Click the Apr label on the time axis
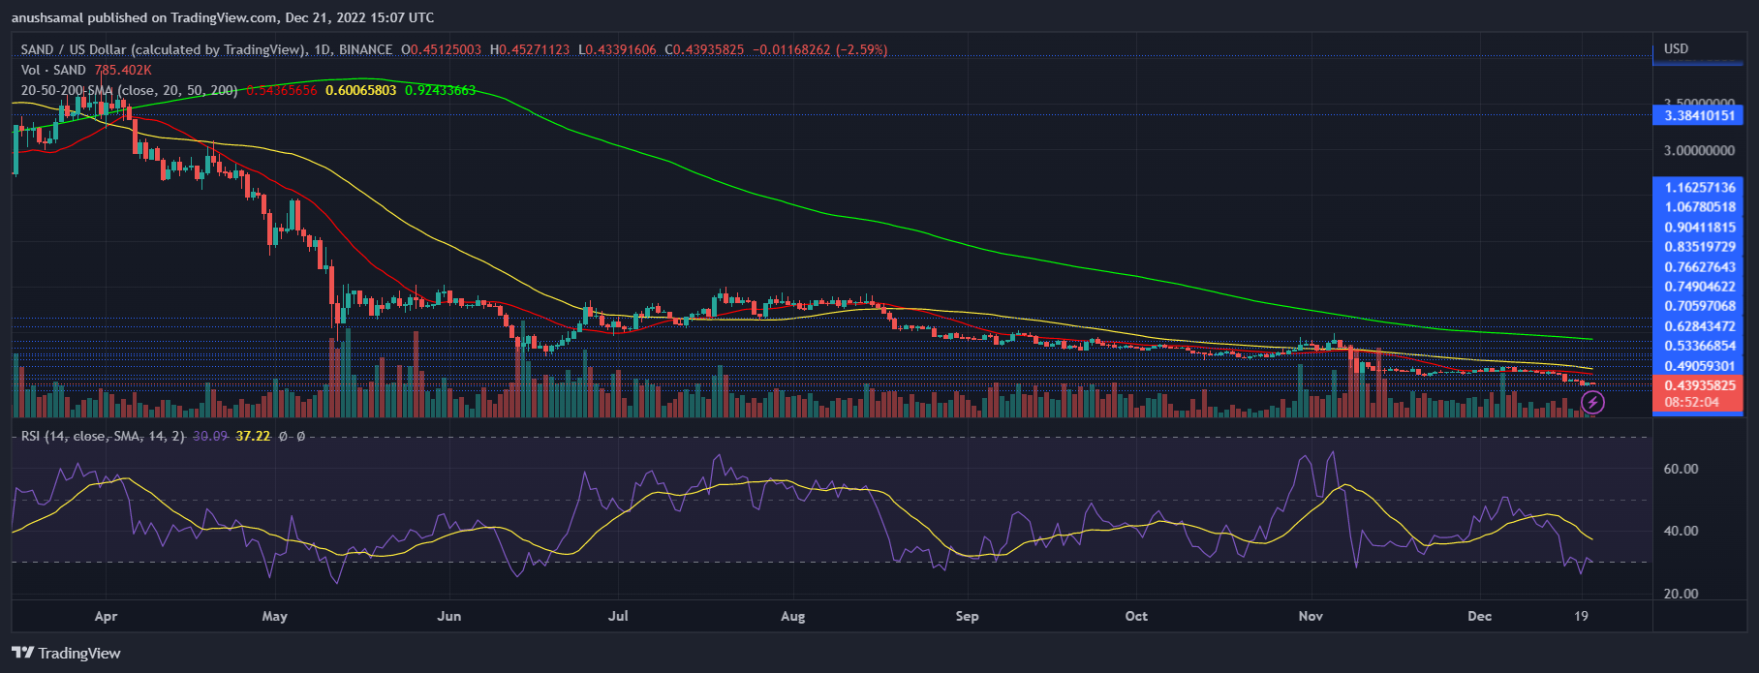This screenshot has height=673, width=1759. (106, 616)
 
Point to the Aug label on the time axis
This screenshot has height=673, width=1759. (792, 616)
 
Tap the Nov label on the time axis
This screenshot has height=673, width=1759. (1311, 616)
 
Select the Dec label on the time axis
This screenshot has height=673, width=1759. (1479, 616)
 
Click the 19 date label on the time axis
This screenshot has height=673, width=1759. (1581, 616)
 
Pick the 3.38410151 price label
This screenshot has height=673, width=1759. (1700, 115)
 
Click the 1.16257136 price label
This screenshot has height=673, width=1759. (1700, 187)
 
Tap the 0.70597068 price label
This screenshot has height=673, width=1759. (1700, 306)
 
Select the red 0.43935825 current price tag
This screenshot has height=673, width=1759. (1700, 385)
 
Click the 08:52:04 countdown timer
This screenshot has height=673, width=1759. (1691, 402)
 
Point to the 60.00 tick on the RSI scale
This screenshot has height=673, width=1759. (1681, 469)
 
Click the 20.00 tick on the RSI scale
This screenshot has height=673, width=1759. (1681, 594)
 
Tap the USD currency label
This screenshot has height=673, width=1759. (1676, 48)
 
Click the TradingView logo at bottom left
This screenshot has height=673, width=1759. (66, 653)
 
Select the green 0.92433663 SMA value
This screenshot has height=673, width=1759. (440, 90)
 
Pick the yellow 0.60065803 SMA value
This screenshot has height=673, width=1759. (360, 90)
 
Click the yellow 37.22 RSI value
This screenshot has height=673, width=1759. (253, 436)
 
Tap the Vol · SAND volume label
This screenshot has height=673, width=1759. (53, 70)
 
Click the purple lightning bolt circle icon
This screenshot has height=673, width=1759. (1592, 402)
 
